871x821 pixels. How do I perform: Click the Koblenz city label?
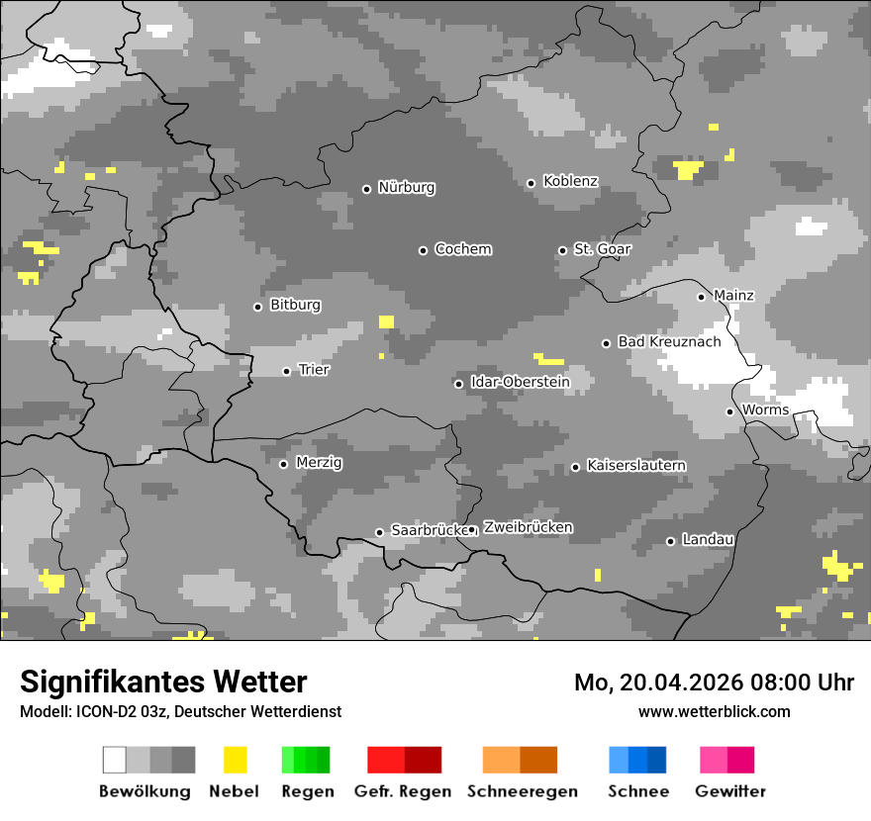[570, 181]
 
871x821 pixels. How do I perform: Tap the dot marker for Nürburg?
[366, 188]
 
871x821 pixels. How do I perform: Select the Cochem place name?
[462, 249]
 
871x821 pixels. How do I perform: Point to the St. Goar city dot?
[562, 250]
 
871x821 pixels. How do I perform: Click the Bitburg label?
[295, 306]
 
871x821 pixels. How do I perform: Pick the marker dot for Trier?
[286, 371]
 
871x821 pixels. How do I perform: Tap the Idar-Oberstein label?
[520, 382]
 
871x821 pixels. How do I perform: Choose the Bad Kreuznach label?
[669, 341]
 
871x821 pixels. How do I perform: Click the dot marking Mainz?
[701, 297]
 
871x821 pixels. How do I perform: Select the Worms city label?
[765, 410]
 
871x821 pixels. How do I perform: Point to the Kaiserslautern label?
[636, 465]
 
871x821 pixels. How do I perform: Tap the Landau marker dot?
[670, 541]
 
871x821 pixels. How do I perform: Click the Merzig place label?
[319, 463]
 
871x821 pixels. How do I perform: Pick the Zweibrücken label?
[528, 527]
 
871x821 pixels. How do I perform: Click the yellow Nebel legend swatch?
[235, 760]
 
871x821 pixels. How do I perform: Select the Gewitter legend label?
[730, 791]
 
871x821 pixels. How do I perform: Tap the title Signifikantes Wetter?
[163, 682]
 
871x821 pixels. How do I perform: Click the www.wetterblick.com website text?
[714, 711]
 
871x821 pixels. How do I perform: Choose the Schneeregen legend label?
[522, 791]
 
